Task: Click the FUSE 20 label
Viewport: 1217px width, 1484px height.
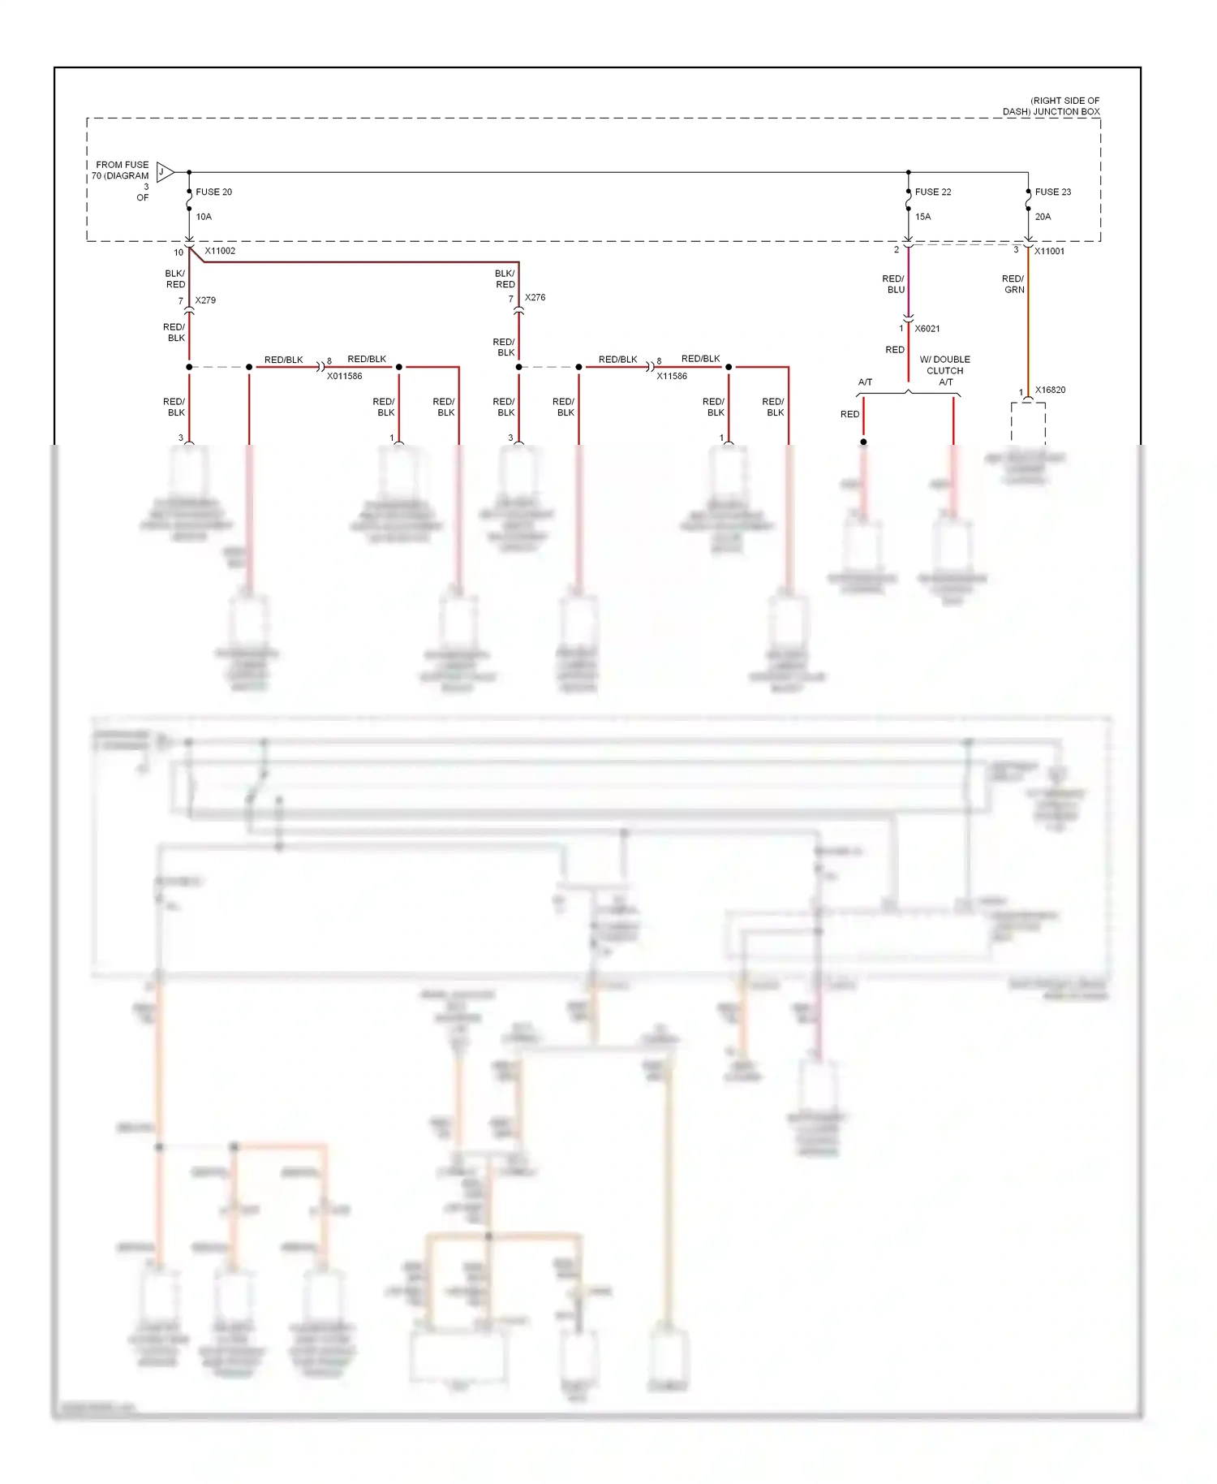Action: pos(213,192)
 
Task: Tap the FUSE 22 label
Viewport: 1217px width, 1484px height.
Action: pos(933,192)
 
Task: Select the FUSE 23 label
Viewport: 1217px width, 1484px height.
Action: pos(1053,192)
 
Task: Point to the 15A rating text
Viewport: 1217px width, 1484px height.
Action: pos(923,217)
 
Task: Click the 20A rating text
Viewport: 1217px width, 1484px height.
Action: pos(1043,217)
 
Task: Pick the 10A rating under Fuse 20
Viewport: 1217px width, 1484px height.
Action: pos(204,217)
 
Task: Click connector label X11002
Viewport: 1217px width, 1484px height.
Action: pos(220,251)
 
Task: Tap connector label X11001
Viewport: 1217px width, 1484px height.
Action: pos(1049,252)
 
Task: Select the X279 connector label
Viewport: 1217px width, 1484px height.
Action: pos(205,300)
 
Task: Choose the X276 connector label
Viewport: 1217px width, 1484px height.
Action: pos(535,298)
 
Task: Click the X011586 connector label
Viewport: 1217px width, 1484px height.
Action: pos(344,377)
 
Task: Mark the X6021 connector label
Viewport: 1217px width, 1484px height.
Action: pos(927,329)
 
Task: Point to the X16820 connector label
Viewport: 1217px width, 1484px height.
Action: pos(1050,390)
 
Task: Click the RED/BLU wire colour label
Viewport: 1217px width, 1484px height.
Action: pos(893,284)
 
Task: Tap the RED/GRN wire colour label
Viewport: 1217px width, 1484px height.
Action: pos(1013,284)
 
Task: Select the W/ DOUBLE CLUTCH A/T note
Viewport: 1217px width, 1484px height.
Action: pos(944,370)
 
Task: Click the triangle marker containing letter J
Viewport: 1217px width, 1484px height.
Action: pos(164,172)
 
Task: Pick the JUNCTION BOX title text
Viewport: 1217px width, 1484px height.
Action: pos(1051,106)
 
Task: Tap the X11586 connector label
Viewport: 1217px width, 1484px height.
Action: pos(672,377)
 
